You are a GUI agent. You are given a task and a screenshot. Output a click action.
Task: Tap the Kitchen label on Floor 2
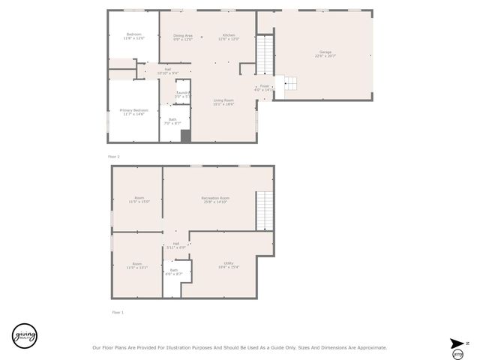tap(229, 37)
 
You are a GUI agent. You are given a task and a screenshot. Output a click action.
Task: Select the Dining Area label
tap(183, 37)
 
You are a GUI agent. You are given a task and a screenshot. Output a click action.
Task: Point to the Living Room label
tap(223, 102)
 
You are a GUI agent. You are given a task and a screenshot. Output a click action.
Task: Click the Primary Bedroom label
tap(134, 112)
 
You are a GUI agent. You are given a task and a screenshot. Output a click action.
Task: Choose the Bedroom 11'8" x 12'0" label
tap(133, 36)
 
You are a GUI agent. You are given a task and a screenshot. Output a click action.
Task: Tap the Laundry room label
tap(182, 94)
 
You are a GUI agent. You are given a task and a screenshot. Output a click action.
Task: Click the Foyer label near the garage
tap(265, 88)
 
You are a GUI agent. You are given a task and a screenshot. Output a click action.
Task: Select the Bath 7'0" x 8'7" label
tap(172, 121)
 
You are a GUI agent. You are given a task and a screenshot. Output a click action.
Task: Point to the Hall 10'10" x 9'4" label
tap(168, 71)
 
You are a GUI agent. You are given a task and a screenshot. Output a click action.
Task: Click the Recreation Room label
tap(214, 199)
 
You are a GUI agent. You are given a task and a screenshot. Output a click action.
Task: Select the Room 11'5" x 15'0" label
tap(138, 200)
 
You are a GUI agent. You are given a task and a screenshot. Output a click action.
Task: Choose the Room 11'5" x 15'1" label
tap(136, 265)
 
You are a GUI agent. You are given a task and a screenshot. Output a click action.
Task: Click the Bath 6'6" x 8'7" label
tap(173, 272)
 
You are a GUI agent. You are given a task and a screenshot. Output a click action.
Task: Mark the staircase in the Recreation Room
tap(264, 211)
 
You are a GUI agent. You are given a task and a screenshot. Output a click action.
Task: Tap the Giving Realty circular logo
tap(24, 335)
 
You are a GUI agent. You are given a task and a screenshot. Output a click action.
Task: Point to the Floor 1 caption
tap(118, 312)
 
